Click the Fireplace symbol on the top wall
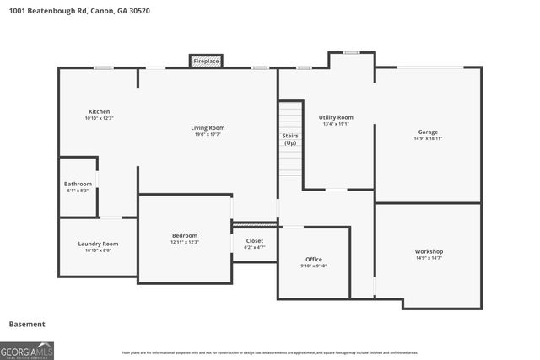(x=206, y=62)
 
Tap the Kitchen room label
(x=99, y=111)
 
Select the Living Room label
(x=208, y=127)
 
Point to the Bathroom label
(x=78, y=184)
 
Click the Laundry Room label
(x=98, y=244)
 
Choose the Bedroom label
(x=184, y=235)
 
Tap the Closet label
(x=254, y=240)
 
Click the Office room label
(x=313, y=259)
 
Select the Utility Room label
(x=335, y=117)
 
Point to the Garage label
(x=428, y=132)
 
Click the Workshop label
(x=428, y=251)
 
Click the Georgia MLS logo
(x=27, y=350)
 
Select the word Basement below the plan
(x=27, y=324)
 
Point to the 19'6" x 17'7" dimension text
(x=208, y=136)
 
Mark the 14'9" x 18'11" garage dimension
(x=428, y=138)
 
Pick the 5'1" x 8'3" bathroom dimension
(x=78, y=191)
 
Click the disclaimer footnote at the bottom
(x=281, y=352)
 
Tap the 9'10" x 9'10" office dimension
(x=313, y=266)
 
